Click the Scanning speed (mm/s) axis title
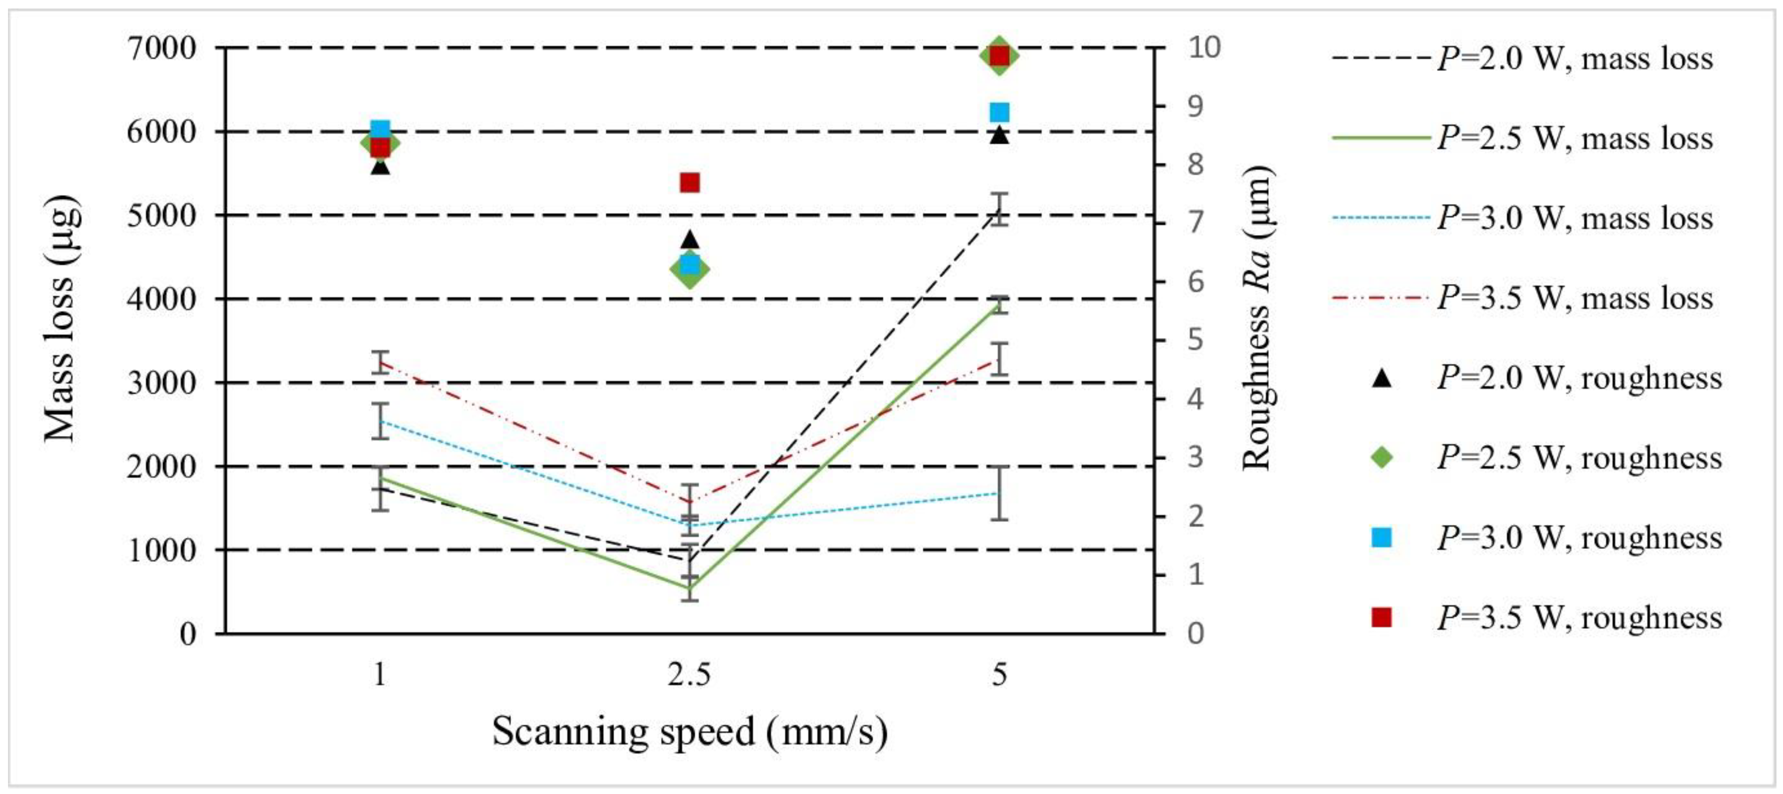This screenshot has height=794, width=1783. coord(689,731)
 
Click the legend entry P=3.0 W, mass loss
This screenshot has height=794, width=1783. coord(1523,218)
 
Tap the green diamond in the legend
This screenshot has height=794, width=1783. coord(1381,457)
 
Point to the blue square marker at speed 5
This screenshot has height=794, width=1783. coord(999,112)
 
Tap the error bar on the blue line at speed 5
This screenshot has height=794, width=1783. coord(999,493)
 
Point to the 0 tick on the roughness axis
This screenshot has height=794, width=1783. coord(1195,633)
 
